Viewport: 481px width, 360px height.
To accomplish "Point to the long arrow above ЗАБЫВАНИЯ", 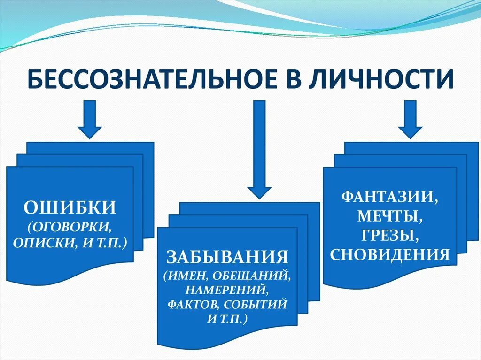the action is point(259,150).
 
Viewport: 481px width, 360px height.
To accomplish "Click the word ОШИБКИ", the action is point(70,207).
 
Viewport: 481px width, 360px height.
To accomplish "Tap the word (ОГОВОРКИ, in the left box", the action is point(70,227).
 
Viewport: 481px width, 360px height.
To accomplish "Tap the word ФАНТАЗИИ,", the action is point(390,196).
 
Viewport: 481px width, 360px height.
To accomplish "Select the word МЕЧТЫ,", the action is point(390,216).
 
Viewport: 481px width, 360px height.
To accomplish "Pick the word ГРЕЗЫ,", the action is point(390,235).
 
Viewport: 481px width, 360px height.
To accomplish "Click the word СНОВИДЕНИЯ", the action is point(390,255).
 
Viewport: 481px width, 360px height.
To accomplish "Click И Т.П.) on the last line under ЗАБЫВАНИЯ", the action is point(227,318).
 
